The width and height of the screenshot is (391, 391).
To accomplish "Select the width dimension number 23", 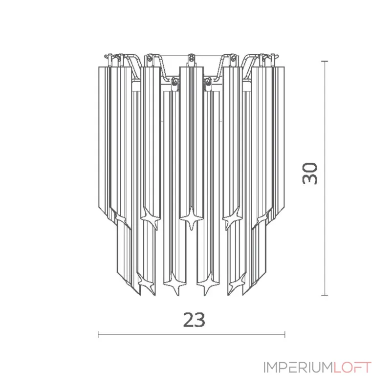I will pos(194,320).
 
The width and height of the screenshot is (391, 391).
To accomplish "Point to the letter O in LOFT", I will pos(347,368).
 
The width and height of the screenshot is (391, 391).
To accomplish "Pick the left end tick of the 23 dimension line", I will pos(99,335).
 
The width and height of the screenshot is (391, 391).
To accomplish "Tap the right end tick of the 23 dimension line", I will pos(285,335).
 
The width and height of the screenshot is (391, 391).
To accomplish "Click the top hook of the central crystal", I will pos(191,59).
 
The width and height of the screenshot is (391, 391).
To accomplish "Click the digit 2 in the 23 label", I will pos(188,320).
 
